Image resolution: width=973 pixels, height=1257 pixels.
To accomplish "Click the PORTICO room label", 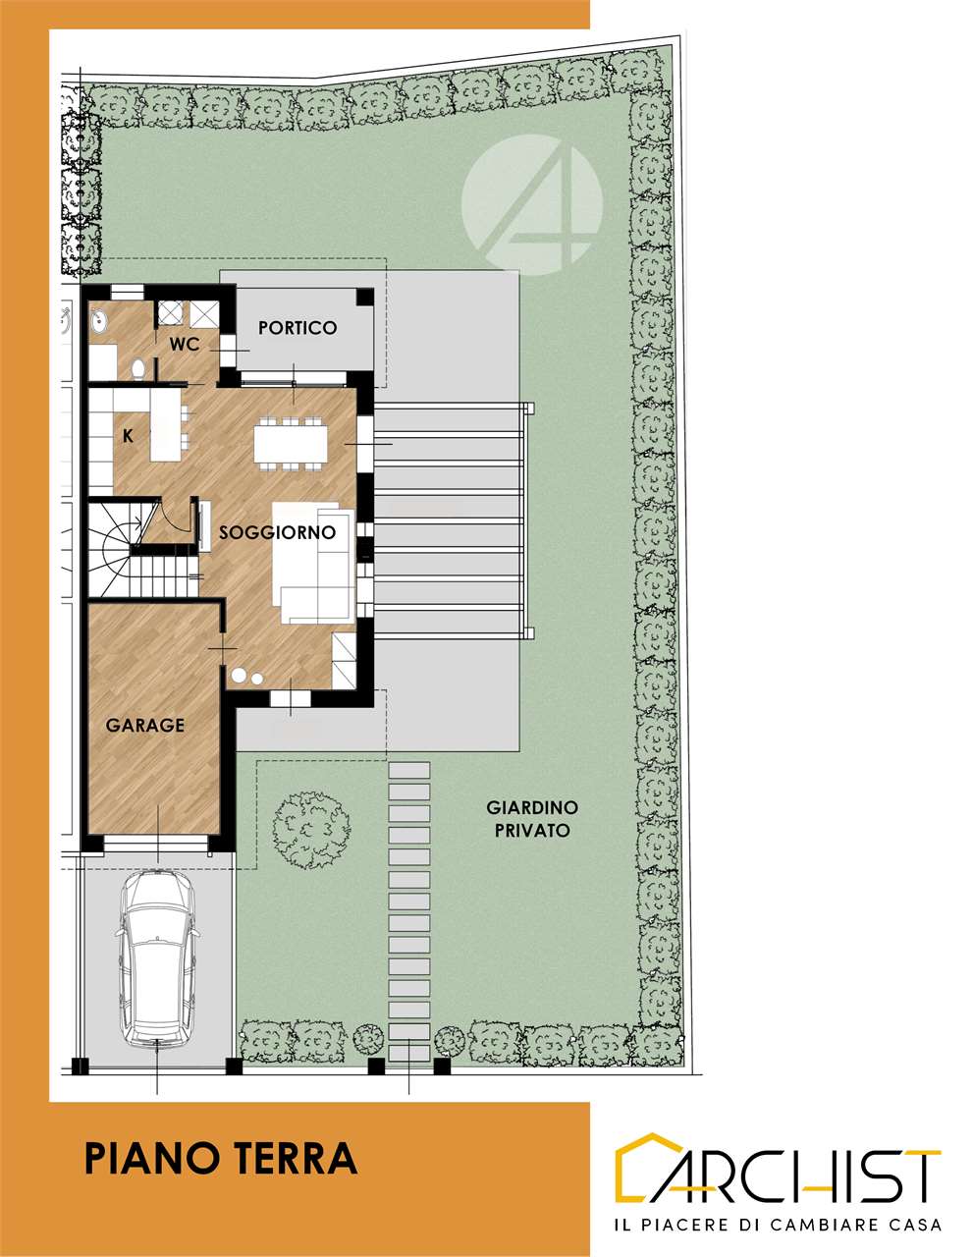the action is tap(297, 328).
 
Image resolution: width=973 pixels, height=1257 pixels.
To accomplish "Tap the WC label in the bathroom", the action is tap(185, 345).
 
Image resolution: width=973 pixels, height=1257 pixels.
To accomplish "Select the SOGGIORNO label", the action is tap(278, 532).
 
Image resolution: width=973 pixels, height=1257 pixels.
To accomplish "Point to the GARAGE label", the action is tap(145, 725).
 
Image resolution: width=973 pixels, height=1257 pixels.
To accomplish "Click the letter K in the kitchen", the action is tap(129, 436).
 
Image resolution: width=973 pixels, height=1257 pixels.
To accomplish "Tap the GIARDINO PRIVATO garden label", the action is tap(532, 819).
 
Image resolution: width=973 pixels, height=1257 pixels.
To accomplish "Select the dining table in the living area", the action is tap(291, 444).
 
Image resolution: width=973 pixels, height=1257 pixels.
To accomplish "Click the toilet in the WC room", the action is tap(138, 368).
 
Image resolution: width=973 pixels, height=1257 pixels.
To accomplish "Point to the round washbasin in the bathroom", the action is tap(99, 321).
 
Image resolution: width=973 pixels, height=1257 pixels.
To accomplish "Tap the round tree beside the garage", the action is tap(311, 830).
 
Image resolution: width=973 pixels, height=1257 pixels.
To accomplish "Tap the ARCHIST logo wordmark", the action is tap(778, 1171).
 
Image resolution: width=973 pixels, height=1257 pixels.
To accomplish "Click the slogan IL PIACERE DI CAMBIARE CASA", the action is tap(778, 1224).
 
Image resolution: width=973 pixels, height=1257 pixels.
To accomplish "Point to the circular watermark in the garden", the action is tap(532, 203).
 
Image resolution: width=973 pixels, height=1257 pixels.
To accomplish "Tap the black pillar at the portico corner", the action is tap(365, 297).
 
